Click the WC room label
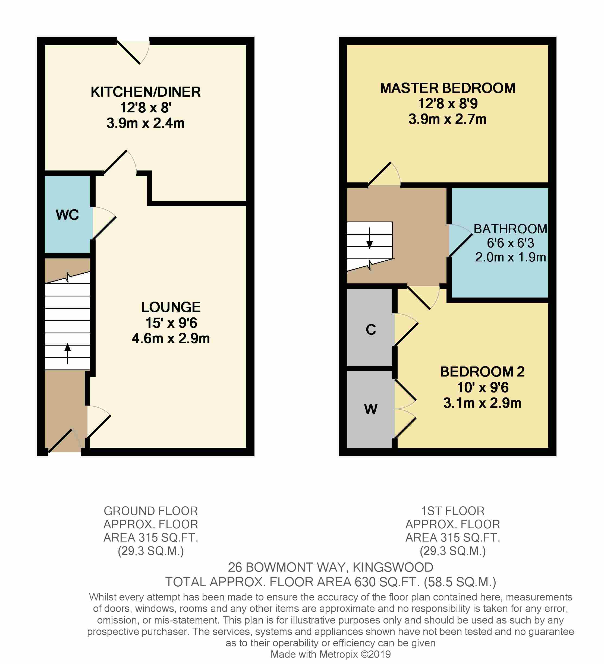[67, 215]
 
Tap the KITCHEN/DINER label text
[146, 92]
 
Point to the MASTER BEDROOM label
[448, 88]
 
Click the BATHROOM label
[510, 229]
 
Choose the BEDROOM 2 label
[482, 372]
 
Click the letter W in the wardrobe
[371, 409]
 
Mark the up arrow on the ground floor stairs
[68, 353]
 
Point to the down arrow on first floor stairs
[370, 238]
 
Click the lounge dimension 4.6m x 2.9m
[171, 338]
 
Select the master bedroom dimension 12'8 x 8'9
[448, 103]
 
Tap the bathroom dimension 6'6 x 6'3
[510, 243]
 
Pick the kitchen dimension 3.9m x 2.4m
[146, 123]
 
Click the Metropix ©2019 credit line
[331, 654]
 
